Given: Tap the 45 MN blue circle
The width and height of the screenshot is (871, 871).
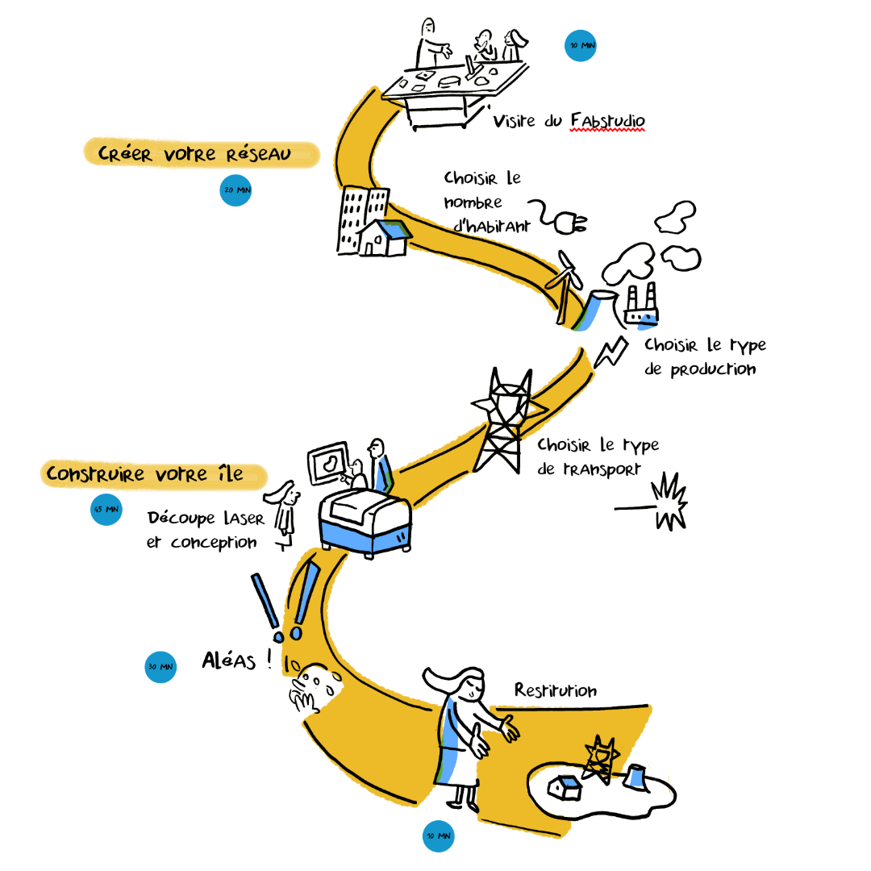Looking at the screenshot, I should [x=106, y=510].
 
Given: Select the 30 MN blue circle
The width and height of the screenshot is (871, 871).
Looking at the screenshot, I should [x=160, y=668].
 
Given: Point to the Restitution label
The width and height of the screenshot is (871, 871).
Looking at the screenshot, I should [x=556, y=691].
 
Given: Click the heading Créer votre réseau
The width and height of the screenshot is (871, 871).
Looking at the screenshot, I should [x=194, y=153].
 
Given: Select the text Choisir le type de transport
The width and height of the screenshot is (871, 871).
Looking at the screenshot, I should [x=597, y=456].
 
